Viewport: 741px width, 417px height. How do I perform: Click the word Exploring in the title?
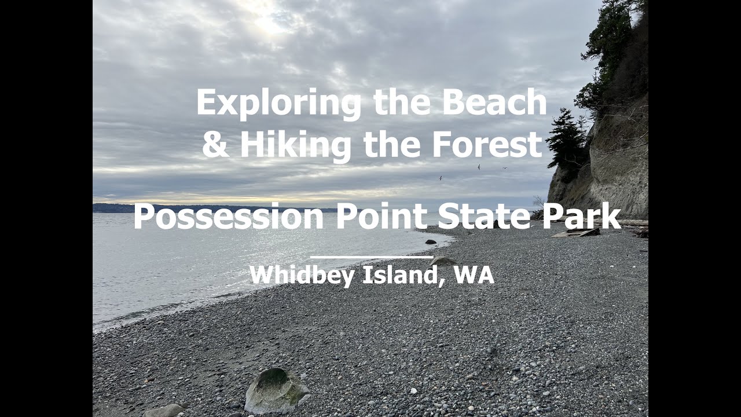[x=278, y=103]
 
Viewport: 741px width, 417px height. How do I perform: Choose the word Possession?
[x=229, y=217]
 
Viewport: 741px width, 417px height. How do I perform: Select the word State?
[x=483, y=216]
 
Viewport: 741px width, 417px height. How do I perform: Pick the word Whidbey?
[x=302, y=275]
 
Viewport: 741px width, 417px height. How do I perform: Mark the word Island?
[x=399, y=274]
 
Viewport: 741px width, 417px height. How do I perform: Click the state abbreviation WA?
[x=474, y=274]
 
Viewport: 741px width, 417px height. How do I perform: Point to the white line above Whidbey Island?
[x=372, y=257]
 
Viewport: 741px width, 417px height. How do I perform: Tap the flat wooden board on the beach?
[x=576, y=233]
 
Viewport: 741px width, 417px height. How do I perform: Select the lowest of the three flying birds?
[x=440, y=178]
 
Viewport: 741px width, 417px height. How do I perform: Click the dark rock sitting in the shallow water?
[x=430, y=242]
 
